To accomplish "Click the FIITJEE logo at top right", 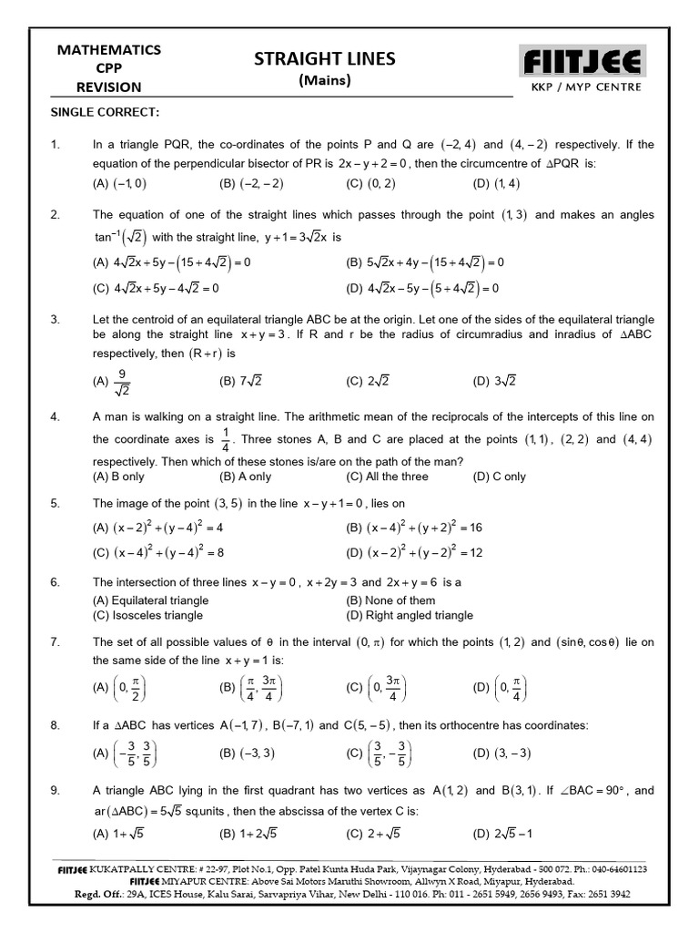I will click(582, 63).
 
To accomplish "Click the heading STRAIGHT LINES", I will click(325, 59).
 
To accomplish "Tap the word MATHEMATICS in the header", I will click(109, 49).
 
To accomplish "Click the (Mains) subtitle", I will click(325, 81).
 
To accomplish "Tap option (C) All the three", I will click(387, 477).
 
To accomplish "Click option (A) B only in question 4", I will click(118, 477).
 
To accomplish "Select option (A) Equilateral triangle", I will click(150, 600).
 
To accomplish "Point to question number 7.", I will click(56, 642).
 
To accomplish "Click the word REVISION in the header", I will click(109, 87).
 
